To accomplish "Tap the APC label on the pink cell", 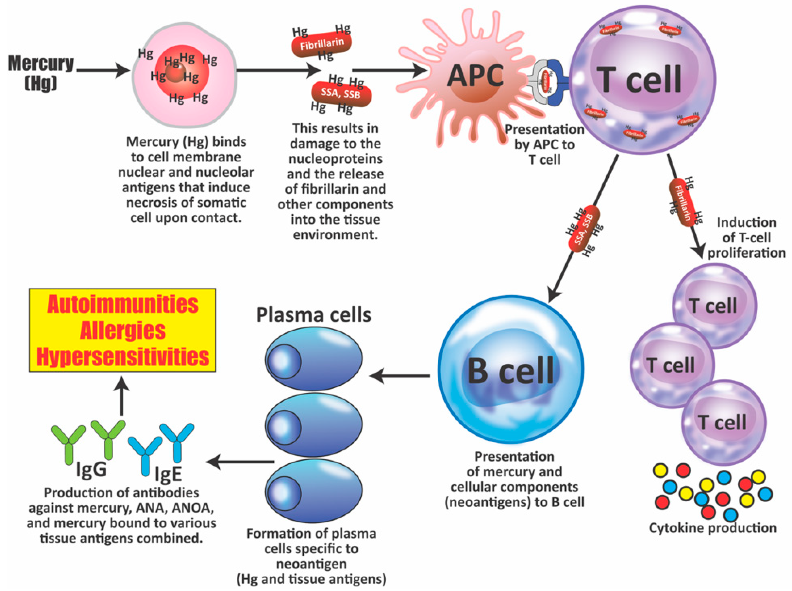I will pyautogui.click(x=475, y=76).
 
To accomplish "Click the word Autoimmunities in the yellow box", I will pyautogui.click(x=123, y=304).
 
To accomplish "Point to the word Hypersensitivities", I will pyautogui.click(x=123, y=357).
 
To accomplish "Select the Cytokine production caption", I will pyautogui.click(x=713, y=528).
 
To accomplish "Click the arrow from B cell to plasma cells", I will pyautogui.click(x=399, y=376).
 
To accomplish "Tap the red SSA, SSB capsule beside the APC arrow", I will pyautogui.click(x=341, y=93).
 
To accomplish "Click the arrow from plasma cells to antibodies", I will pyautogui.click(x=240, y=462).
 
